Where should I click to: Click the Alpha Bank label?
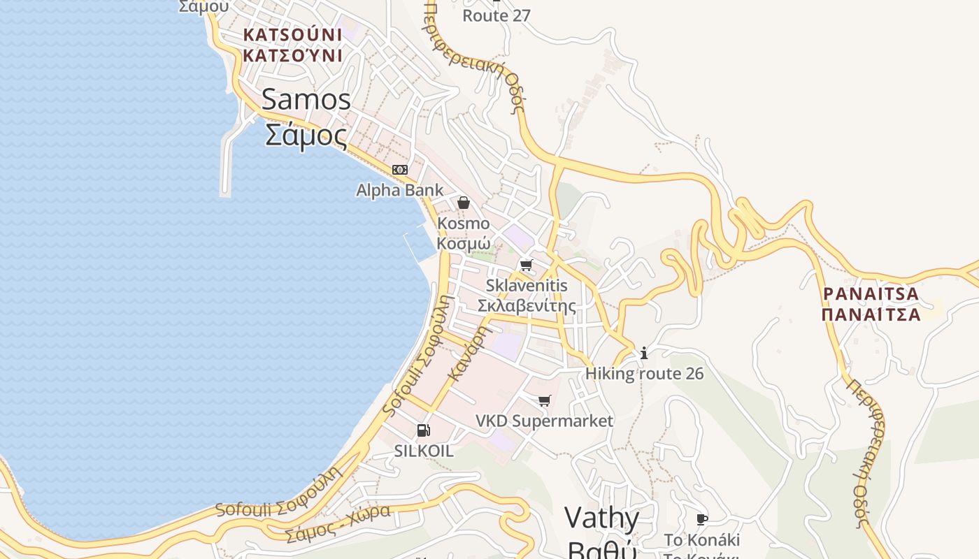(399, 190)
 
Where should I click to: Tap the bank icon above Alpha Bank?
(399, 170)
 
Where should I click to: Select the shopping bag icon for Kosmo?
(463, 203)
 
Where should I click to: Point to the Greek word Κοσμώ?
(463, 242)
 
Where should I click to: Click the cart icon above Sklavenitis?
(526, 265)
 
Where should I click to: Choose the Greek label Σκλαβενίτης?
(527, 305)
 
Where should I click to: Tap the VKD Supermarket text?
(544, 421)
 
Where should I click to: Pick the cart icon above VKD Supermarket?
(544, 400)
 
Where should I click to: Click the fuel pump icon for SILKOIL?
(423, 430)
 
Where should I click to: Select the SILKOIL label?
(424, 451)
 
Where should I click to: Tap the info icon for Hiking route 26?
(644, 354)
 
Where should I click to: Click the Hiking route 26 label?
(644, 374)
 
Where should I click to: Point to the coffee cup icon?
(701, 519)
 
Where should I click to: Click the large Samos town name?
(306, 99)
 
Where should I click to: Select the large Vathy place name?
(601, 518)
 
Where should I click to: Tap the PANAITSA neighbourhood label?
(871, 294)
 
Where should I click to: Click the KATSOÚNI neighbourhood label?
(292, 34)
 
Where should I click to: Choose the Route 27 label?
(496, 15)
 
